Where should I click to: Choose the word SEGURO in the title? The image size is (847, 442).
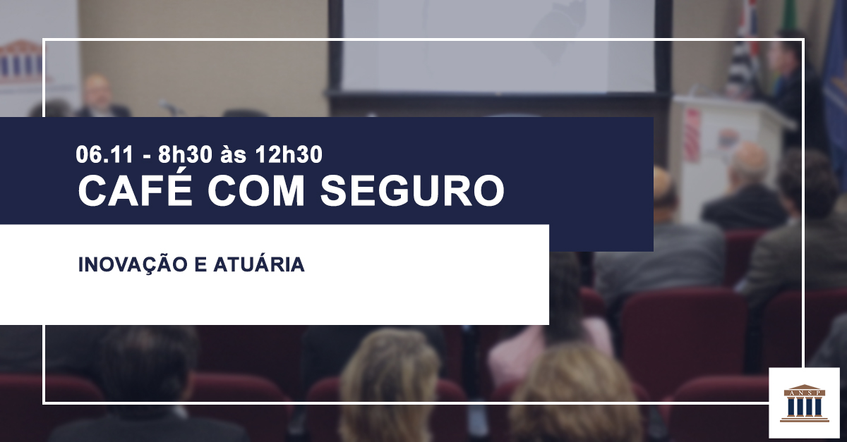click(412, 190)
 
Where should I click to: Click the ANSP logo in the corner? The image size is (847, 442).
click(804, 403)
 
